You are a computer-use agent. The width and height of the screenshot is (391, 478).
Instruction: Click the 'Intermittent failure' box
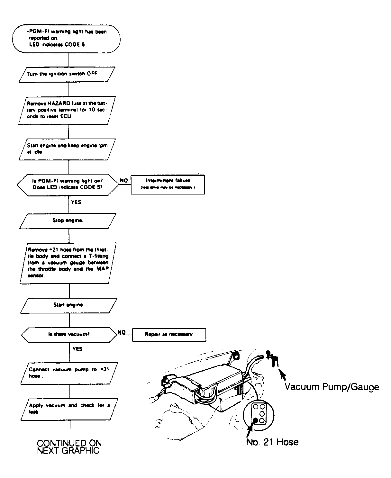[x=168, y=184]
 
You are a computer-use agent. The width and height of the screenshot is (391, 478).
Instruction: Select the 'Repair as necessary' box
[x=169, y=334]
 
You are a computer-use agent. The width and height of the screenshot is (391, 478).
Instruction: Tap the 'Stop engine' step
[x=68, y=221]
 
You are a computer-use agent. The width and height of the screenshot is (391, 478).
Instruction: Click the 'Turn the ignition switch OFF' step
[x=67, y=74]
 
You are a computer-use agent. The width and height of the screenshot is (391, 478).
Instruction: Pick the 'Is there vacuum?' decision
[x=69, y=334]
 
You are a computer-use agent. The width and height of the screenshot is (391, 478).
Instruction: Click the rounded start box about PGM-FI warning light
[x=67, y=38]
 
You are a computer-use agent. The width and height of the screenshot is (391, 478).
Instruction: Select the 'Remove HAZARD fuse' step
[x=67, y=110]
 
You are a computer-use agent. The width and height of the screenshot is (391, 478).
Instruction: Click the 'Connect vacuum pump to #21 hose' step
[x=69, y=373]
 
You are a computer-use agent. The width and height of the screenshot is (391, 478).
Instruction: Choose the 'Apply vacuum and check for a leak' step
[x=69, y=409]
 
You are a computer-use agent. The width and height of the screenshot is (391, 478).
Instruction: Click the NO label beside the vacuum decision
[x=121, y=332]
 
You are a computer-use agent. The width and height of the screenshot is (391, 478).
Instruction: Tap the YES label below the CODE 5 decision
[x=76, y=202]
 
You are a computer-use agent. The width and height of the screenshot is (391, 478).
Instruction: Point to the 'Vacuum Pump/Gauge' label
[x=332, y=387]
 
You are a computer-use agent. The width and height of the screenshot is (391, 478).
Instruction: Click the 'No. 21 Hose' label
[x=272, y=442]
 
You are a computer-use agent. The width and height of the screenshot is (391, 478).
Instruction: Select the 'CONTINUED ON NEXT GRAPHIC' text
[x=69, y=447]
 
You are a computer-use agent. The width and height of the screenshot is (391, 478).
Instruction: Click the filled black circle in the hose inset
[x=256, y=420]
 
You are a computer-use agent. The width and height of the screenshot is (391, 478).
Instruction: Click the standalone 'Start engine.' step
[x=69, y=305]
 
